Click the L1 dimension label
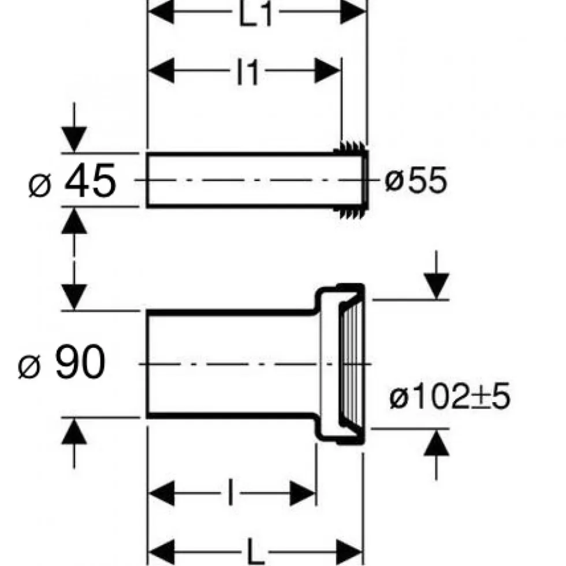(255, 14)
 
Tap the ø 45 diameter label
(72, 181)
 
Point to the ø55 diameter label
(416, 180)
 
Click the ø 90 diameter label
(61, 362)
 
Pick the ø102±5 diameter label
(449, 396)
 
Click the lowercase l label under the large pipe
(230, 492)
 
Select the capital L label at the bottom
(256, 552)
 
